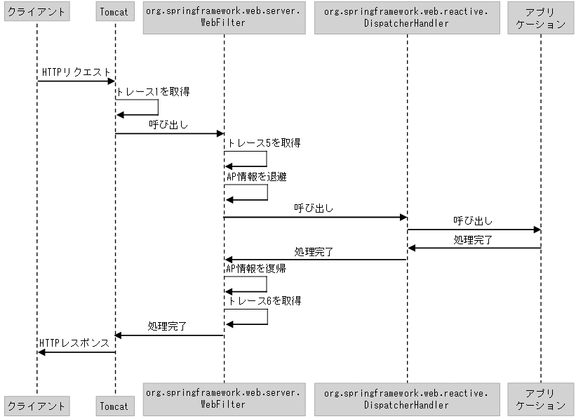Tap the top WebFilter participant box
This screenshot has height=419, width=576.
225,18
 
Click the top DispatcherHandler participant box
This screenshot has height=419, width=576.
406,18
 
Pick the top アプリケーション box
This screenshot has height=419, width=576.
540,18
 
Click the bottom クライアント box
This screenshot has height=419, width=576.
36,405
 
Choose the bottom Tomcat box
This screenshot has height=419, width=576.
114,405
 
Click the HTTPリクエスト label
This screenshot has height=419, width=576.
76,72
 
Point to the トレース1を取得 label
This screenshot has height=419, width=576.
152,91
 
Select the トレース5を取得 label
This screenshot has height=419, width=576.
264,143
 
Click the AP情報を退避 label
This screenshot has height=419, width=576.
256,177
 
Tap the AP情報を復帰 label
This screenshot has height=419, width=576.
256,268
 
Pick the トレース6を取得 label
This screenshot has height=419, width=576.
264,301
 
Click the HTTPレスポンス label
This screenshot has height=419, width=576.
74,343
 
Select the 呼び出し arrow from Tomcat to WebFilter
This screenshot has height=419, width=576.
169,133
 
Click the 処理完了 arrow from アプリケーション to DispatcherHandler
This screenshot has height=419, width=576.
474,248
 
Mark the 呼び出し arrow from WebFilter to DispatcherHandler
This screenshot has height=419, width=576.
315,218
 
